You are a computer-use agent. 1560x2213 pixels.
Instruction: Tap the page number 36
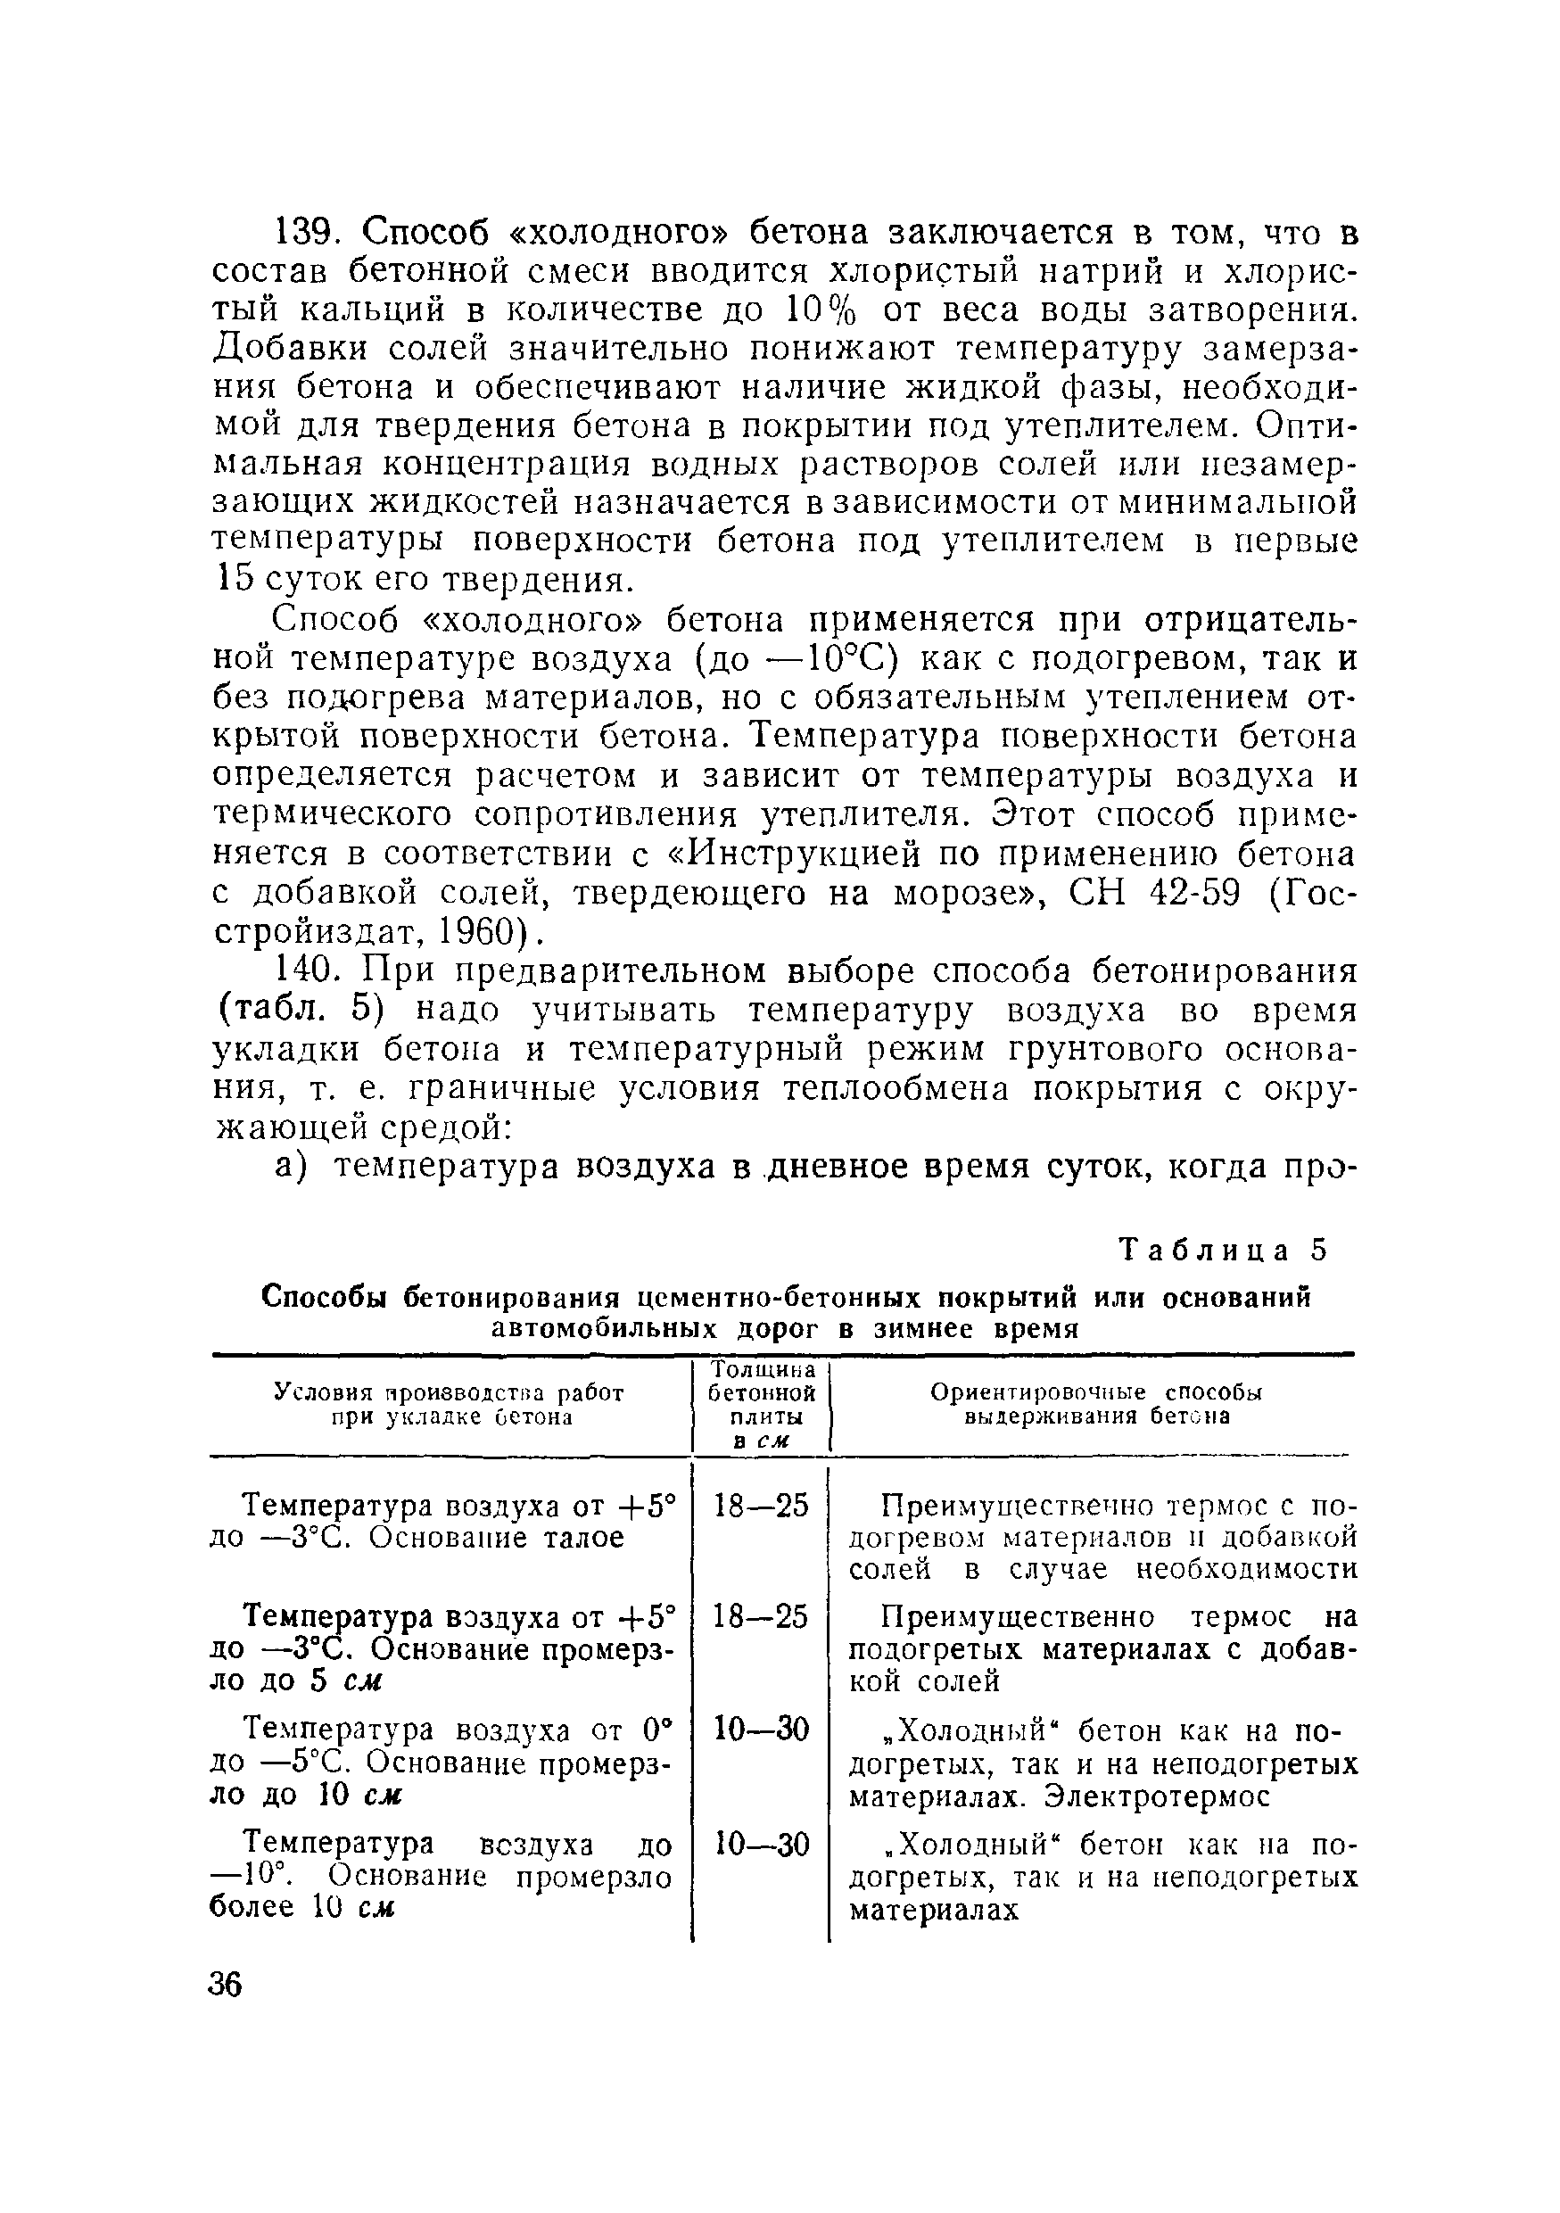[x=225, y=1985]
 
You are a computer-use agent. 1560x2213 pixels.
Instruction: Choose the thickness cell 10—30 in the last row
[x=760, y=1845]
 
